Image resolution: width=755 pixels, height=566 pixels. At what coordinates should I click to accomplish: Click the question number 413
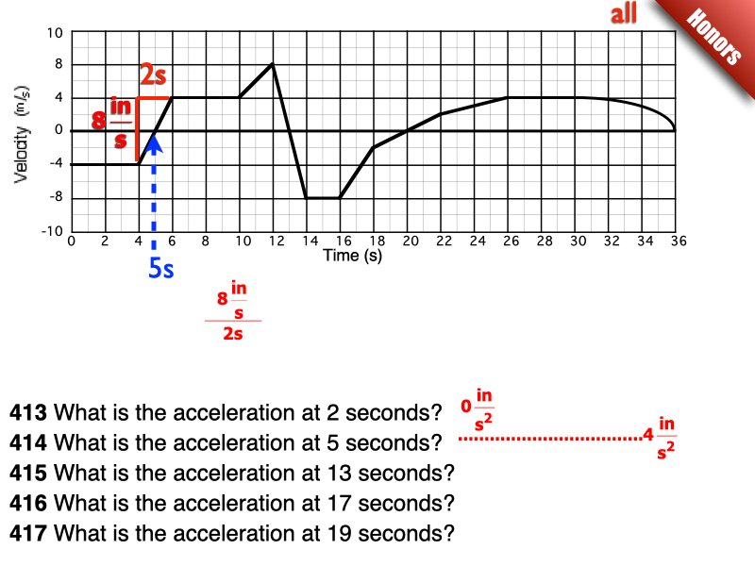coord(28,412)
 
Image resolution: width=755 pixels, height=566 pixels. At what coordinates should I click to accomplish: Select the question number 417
coord(28,533)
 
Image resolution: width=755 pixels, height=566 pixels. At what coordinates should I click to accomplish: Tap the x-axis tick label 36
coord(679,241)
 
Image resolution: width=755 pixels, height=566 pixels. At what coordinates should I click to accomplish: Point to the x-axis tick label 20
coord(411,241)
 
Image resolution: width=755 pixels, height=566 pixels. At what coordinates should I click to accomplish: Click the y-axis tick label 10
coord(55,33)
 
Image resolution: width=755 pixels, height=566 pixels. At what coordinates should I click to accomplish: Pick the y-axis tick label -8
coord(56,197)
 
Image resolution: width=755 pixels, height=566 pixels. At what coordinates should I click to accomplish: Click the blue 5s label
coord(160,268)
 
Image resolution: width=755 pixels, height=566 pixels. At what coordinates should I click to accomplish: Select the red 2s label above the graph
coord(153,75)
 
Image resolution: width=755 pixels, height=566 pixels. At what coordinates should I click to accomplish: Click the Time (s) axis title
coord(352,256)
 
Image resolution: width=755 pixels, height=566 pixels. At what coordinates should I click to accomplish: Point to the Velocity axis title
coord(22,135)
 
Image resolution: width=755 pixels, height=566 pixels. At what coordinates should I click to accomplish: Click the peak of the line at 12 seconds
coord(273,64)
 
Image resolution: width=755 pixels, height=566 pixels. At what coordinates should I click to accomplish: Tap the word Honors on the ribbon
coord(713,37)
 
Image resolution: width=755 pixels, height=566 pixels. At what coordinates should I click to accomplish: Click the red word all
coord(624,13)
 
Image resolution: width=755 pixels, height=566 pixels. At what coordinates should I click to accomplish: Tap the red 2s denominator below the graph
coord(233,334)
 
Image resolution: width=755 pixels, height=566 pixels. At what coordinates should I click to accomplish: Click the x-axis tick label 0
coord(72,241)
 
